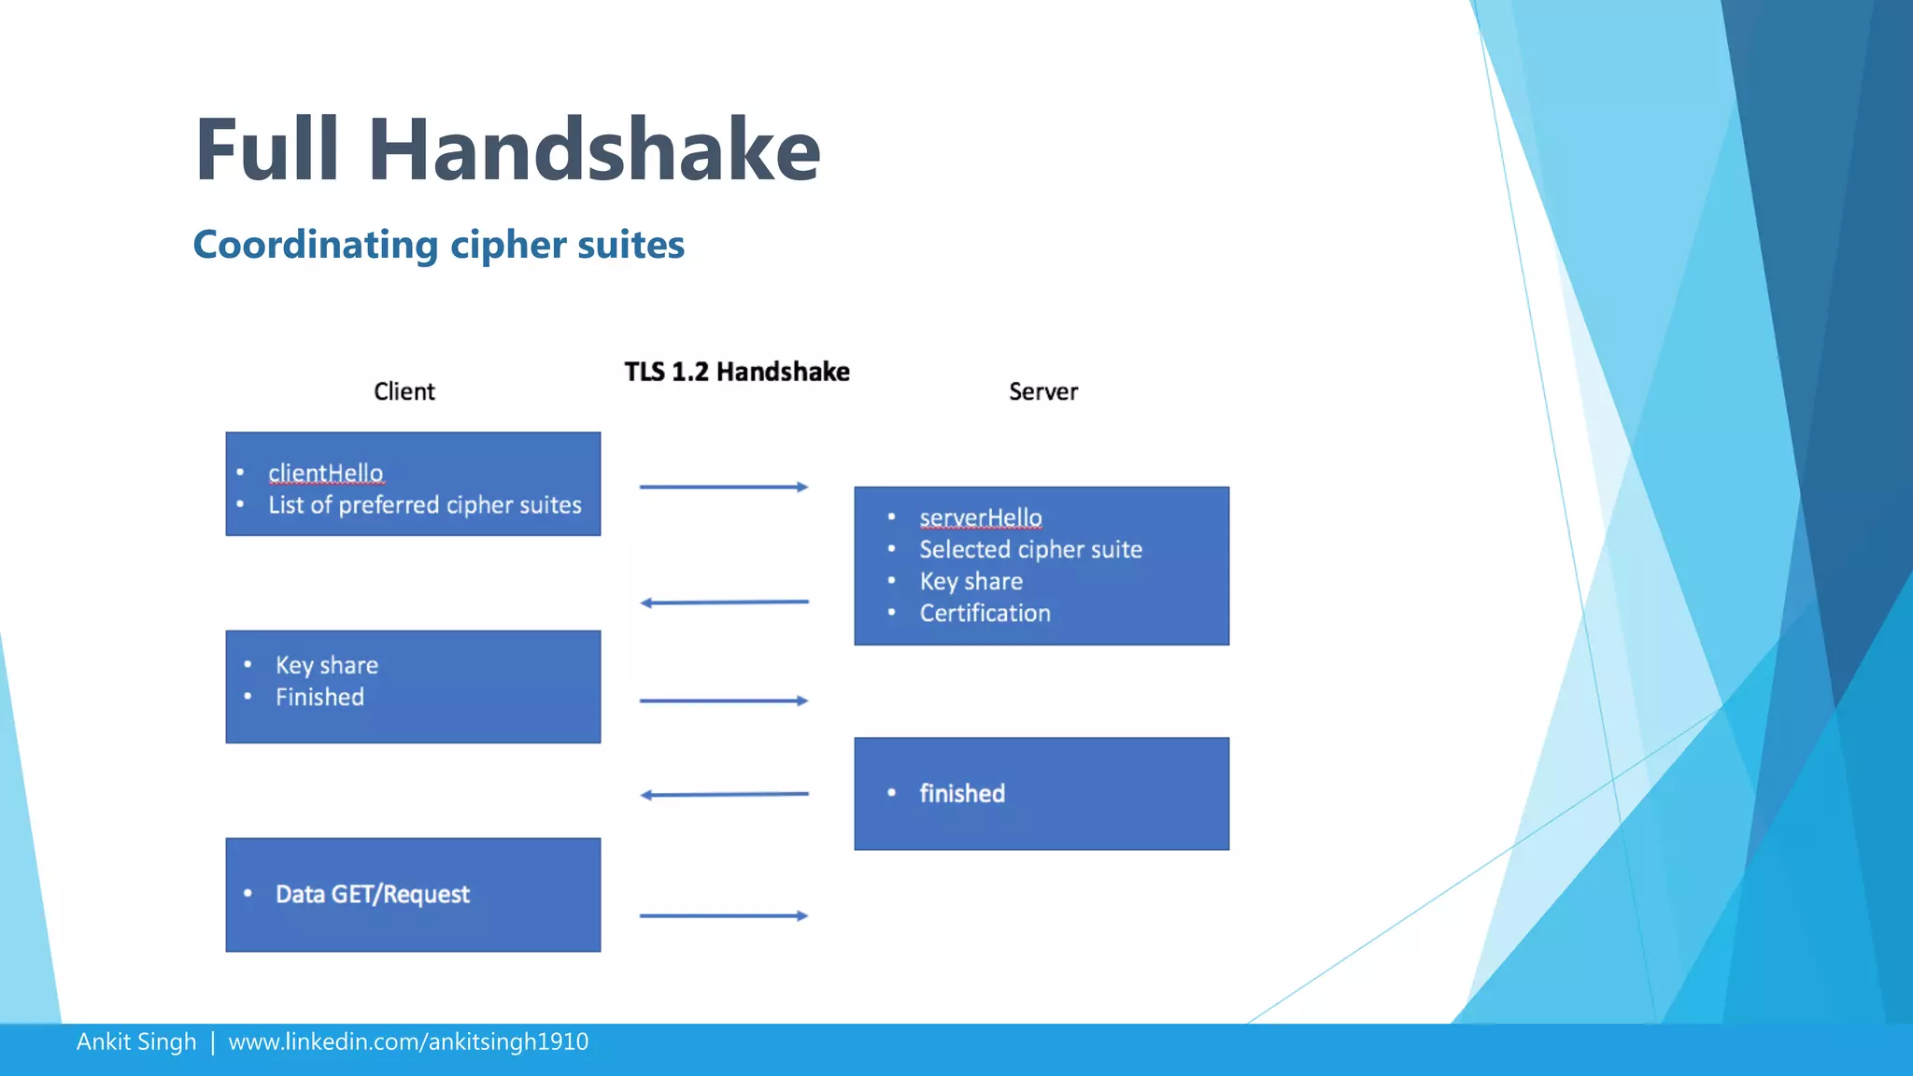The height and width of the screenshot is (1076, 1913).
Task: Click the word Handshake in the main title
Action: coord(594,150)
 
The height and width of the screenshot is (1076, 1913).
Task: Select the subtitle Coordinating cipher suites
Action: coord(438,245)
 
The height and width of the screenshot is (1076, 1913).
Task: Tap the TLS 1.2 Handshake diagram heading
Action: coord(736,372)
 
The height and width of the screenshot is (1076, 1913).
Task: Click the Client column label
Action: coord(404,391)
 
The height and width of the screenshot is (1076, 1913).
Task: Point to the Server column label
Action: coord(1042,391)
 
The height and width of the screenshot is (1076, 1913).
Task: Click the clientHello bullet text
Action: coord(325,474)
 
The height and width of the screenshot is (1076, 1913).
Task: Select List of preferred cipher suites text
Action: coord(424,505)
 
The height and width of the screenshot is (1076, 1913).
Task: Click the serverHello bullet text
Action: coord(980,517)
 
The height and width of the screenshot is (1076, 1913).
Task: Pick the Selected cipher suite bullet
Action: coord(1030,549)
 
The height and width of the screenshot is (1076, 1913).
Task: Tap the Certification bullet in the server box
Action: coord(985,613)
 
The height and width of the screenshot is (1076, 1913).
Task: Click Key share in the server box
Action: coord(971,581)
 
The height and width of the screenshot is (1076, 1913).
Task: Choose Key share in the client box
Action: coord(326,665)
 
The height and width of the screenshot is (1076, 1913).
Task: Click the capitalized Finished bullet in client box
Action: coord(319,697)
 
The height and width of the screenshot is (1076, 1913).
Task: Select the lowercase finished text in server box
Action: coord(962,793)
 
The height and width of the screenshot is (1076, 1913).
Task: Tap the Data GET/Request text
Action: coord(372,894)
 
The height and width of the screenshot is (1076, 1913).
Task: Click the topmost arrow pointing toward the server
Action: coord(723,487)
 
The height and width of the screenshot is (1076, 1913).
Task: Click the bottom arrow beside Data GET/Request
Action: coord(723,915)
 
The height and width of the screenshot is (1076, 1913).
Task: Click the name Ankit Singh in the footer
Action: coord(136,1041)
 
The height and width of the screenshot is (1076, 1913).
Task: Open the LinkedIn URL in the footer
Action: coord(408,1041)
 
